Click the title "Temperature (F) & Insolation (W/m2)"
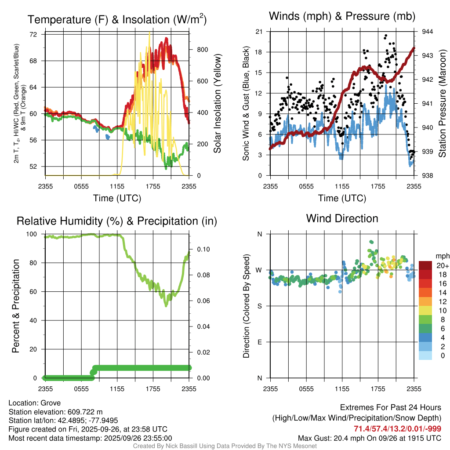tap(117, 20)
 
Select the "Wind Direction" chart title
tap(342, 218)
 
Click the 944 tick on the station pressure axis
tap(428, 32)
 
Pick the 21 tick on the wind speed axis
tap(259, 32)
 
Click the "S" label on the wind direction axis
tap(259, 306)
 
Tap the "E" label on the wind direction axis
tap(259, 342)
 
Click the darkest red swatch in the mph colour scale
tap(425, 265)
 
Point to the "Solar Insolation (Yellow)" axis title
tap(217, 103)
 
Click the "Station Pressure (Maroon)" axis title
tap(443, 103)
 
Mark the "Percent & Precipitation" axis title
tap(15, 306)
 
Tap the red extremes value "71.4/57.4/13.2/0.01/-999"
tap(397, 428)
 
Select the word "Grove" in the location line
tap(51, 403)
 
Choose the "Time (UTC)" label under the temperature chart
tap(117, 198)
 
